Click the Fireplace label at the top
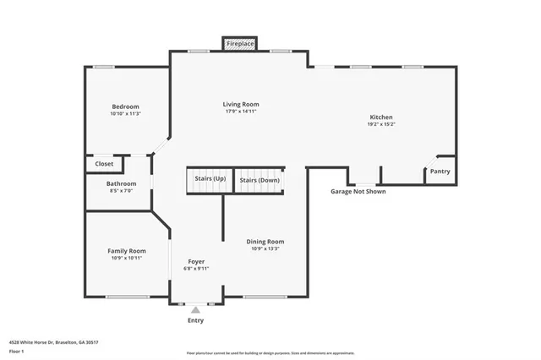pyautogui.click(x=241, y=42)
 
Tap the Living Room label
pyautogui.click(x=241, y=104)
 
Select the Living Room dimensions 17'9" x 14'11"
pyautogui.click(x=241, y=112)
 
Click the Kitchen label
pyautogui.click(x=381, y=117)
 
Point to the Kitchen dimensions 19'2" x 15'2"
pyautogui.click(x=381, y=124)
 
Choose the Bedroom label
pyautogui.click(x=125, y=106)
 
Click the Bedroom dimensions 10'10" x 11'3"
pyautogui.click(x=125, y=114)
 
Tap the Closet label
pyautogui.click(x=105, y=164)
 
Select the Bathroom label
pyautogui.click(x=121, y=183)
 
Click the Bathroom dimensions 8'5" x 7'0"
pyautogui.click(x=121, y=191)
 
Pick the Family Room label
pyautogui.click(x=126, y=250)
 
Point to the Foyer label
pyautogui.click(x=196, y=261)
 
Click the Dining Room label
pyautogui.click(x=265, y=242)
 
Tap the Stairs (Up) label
pyautogui.click(x=210, y=179)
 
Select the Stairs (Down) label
pyautogui.click(x=259, y=180)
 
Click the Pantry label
pyautogui.click(x=440, y=172)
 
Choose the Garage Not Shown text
pyautogui.click(x=358, y=192)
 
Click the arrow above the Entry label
pyautogui.click(x=195, y=310)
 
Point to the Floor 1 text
pyautogui.click(x=17, y=351)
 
